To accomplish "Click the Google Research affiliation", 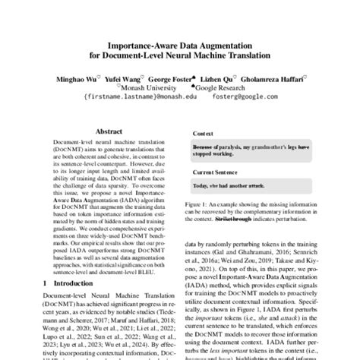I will point(226,87).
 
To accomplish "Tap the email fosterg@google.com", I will point(248,97).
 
